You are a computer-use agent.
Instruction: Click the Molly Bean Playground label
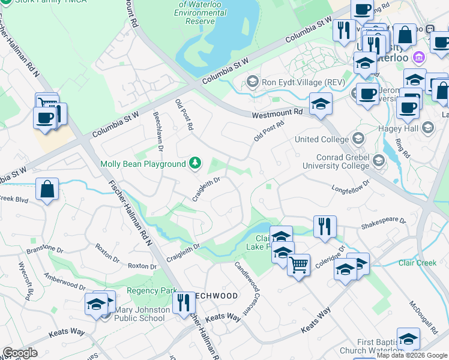143,164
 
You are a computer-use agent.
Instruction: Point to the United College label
322,139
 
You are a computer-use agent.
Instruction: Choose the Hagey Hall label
397,128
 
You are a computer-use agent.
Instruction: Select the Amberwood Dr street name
66,280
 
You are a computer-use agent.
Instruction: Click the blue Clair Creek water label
418,263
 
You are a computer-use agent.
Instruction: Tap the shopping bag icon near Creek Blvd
47,190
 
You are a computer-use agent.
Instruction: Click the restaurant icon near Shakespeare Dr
325,227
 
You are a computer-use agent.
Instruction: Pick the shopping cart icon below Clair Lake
298,263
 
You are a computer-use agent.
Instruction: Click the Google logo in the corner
19,353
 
